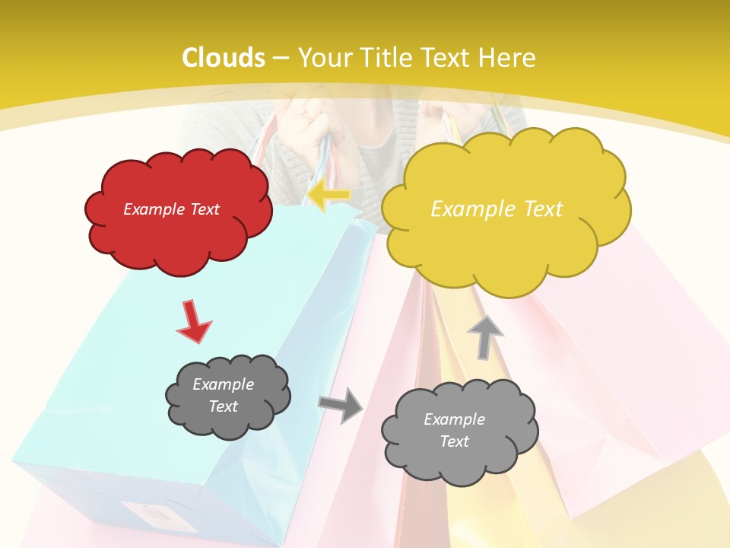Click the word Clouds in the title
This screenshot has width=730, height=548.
pyautogui.click(x=224, y=58)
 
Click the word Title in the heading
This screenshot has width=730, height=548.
pyautogui.click(x=387, y=58)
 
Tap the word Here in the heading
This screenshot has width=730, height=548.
pyautogui.click(x=507, y=58)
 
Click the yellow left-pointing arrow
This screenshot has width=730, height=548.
pyautogui.click(x=328, y=196)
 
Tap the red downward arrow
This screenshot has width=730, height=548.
pyautogui.click(x=192, y=321)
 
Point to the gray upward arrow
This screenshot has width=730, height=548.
pyautogui.click(x=485, y=338)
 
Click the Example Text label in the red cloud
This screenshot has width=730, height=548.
pyautogui.click(x=171, y=209)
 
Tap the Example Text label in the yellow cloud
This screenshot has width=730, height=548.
pyautogui.click(x=497, y=209)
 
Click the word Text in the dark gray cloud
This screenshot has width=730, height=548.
pyautogui.click(x=223, y=406)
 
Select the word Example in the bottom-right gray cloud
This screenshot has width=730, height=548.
pyautogui.click(x=454, y=419)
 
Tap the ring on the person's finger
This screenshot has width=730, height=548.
pyautogui.click(x=304, y=116)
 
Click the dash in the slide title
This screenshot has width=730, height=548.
pyautogui.click(x=281, y=59)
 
